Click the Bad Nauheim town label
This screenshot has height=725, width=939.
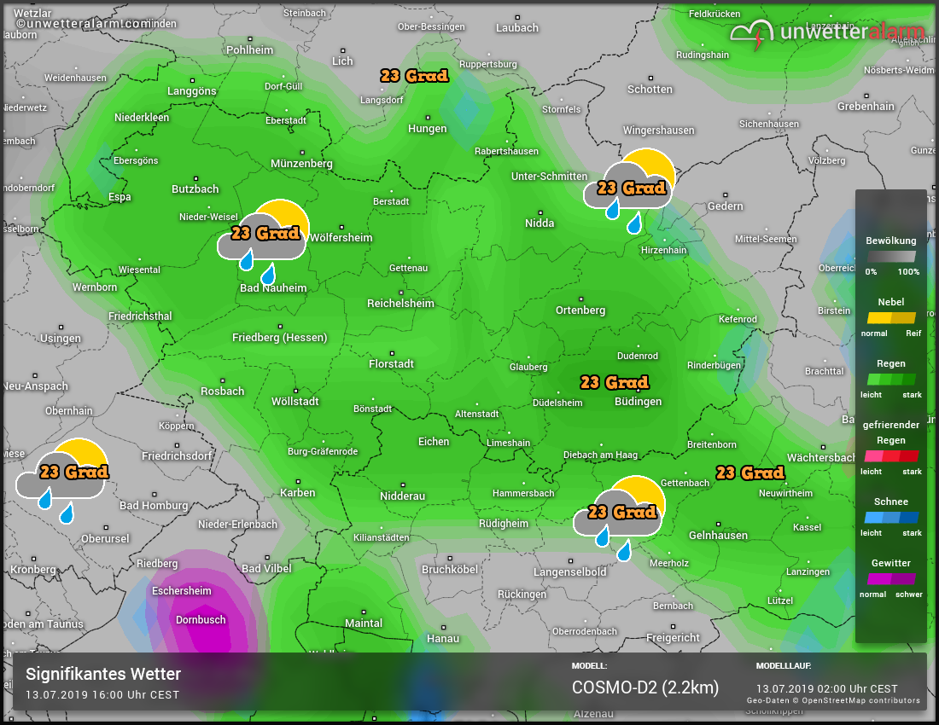[272, 288]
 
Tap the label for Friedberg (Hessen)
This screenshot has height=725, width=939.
[279, 338]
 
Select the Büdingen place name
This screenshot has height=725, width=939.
[638, 402]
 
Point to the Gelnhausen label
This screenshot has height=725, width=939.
[718, 536]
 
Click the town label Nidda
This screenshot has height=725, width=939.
[539, 223]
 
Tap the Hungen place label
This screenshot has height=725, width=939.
[428, 129]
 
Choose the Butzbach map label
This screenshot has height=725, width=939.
[195, 189]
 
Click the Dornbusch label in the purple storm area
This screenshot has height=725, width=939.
[201, 620]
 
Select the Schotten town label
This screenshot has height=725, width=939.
[650, 90]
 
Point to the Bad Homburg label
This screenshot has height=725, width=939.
[154, 506]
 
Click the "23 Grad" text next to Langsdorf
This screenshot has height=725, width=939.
[415, 76]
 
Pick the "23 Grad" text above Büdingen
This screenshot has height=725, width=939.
[615, 382]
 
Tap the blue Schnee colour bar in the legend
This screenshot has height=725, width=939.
[890, 517]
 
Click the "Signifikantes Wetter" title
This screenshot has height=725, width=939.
[103, 675]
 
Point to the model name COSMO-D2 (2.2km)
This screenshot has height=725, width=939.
[644, 687]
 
